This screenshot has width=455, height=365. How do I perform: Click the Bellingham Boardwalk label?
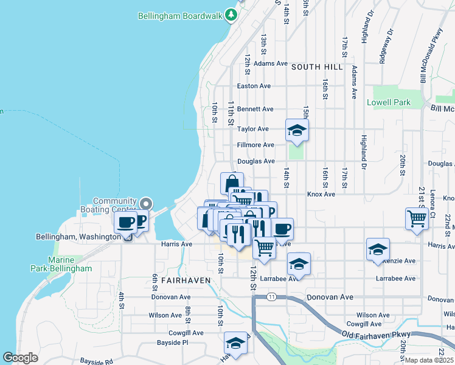tap(181, 15)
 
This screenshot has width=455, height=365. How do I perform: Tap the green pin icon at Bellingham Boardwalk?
tap(231, 14)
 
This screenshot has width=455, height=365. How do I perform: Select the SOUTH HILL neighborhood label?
tap(317, 66)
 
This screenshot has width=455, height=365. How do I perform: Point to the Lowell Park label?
tap(389, 103)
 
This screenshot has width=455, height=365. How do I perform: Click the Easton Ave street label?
tap(254, 86)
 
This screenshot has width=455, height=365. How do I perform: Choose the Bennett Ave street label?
tap(255, 109)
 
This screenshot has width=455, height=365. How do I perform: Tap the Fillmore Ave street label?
tap(256, 145)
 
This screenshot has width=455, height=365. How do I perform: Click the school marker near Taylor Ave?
tap(297, 131)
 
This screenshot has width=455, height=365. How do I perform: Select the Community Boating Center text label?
tap(114, 205)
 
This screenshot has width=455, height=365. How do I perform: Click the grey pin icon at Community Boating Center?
tap(146, 204)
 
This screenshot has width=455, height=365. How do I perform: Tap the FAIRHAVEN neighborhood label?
tap(181, 280)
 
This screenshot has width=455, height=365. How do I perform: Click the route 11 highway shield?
tap(271, 296)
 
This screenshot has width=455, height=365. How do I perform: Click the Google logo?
tap(20, 358)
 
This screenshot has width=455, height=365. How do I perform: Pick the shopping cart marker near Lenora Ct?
tap(417, 218)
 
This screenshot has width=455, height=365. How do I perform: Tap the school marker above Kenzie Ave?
tap(378, 249)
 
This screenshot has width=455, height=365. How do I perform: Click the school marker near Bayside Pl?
tap(236, 344)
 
